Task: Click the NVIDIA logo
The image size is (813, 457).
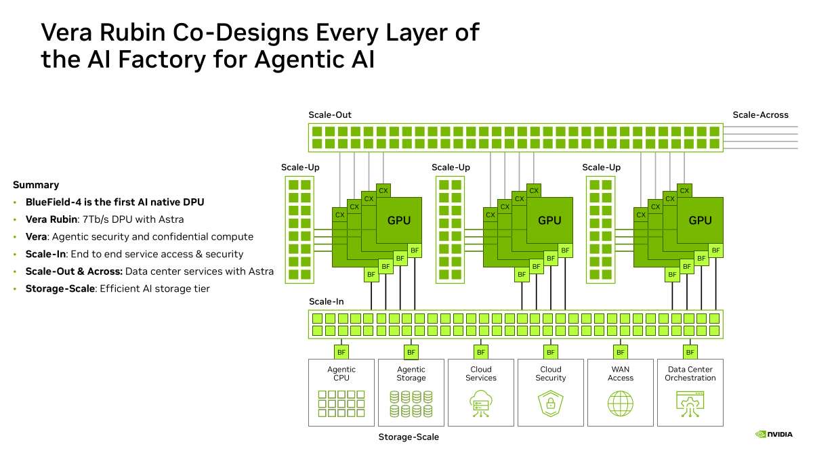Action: [x=774, y=434]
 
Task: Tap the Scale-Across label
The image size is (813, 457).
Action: [x=760, y=115]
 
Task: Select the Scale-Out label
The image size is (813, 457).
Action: [x=330, y=115]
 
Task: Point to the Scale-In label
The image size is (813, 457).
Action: [x=327, y=301]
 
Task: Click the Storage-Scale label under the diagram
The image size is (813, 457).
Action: [x=409, y=437]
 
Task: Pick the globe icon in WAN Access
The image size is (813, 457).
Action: [x=621, y=404]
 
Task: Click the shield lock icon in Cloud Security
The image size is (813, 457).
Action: [x=551, y=404]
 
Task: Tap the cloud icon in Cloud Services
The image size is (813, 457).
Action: [x=481, y=404]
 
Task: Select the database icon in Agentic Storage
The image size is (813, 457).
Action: [x=411, y=404]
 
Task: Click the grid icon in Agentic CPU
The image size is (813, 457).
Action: [x=341, y=404]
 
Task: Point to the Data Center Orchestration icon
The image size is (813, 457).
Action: [x=690, y=404]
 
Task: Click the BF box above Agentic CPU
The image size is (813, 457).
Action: [x=341, y=352]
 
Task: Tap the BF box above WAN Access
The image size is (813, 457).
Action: [x=621, y=352]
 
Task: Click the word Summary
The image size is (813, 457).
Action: [x=36, y=185]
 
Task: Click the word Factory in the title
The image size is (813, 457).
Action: [x=162, y=60]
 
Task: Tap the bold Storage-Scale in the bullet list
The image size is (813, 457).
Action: [x=60, y=288]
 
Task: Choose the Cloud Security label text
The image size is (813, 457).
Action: [x=551, y=374]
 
